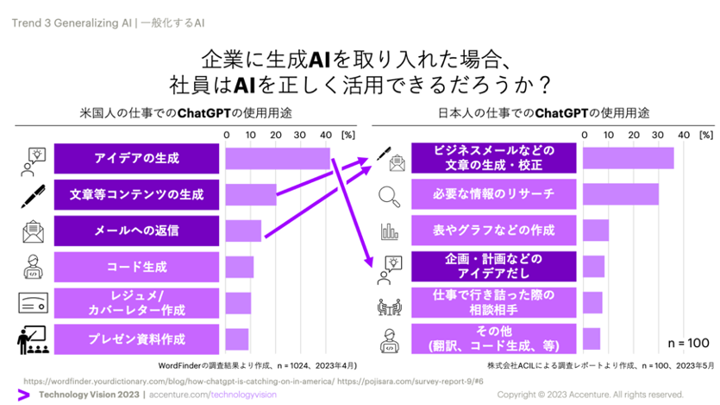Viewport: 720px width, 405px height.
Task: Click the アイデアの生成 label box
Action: [x=137, y=158]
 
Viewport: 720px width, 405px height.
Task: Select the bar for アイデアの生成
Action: [x=278, y=159]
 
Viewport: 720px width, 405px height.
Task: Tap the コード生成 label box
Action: [x=137, y=267]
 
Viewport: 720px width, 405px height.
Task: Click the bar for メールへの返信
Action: [x=243, y=231]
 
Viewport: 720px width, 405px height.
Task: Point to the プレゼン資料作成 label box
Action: [x=137, y=339]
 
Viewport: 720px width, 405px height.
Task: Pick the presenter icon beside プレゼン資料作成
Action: [x=32, y=339]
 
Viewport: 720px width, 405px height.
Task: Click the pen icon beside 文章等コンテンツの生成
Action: [x=34, y=195]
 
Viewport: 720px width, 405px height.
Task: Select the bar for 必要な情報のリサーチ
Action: [x=620, y=194]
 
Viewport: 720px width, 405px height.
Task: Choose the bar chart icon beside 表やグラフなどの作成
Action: [x=390, y=231]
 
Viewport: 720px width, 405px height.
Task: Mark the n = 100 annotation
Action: [x=686, y=344]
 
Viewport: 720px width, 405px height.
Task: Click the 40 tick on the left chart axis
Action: [x=325, y=135]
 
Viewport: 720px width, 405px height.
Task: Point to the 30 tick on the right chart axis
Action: [x=658, y=135]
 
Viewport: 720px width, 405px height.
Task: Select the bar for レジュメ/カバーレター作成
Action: [x=238, y=303]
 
